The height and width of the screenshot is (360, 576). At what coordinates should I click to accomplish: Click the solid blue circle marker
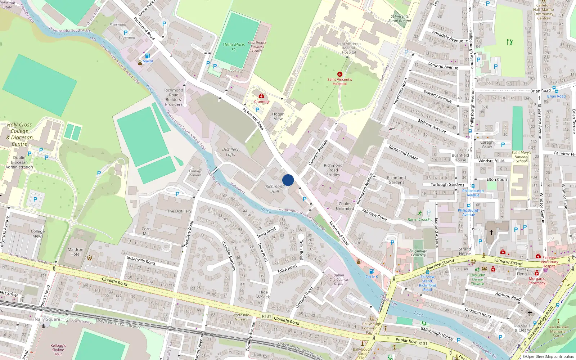[x=288, y=180]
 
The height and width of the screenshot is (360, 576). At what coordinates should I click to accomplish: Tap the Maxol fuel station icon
[x=147, y=56]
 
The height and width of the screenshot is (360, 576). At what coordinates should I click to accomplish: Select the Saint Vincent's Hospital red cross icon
[x=339, y=74]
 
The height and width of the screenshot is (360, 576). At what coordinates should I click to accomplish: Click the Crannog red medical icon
[x=261, y=96]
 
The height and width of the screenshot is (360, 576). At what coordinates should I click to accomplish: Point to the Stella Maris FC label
[x=234, y=47]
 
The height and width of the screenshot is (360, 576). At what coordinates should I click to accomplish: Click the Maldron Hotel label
[x=76, y=252]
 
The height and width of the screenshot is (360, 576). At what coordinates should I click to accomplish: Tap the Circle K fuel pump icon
[x=372, y=271]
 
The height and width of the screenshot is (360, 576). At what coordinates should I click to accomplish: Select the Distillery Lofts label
[x=230, y=152]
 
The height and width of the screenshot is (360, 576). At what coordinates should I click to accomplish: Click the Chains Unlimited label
[x=345, y=206]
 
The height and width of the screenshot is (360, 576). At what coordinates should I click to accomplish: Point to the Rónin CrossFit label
[x=420, y=220]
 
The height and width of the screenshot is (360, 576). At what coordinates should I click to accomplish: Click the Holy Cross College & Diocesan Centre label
[x=19, y=134]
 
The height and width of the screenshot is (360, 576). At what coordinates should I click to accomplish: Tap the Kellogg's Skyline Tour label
[x=58, y=350]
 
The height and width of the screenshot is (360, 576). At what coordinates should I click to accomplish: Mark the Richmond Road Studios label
[x=333, y=170]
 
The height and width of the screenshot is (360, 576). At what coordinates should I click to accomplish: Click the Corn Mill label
[x=146, y=231]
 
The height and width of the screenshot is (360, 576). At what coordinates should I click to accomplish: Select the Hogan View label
[x=278, y=116]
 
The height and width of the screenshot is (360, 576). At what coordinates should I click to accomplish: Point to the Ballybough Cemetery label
[x=418, y=253]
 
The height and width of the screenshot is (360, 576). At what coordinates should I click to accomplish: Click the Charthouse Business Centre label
[x=257, y=47]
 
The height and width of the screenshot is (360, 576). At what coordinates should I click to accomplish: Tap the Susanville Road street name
[x=141, y=260]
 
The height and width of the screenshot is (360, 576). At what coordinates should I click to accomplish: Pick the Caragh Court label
[x=487, y=144]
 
